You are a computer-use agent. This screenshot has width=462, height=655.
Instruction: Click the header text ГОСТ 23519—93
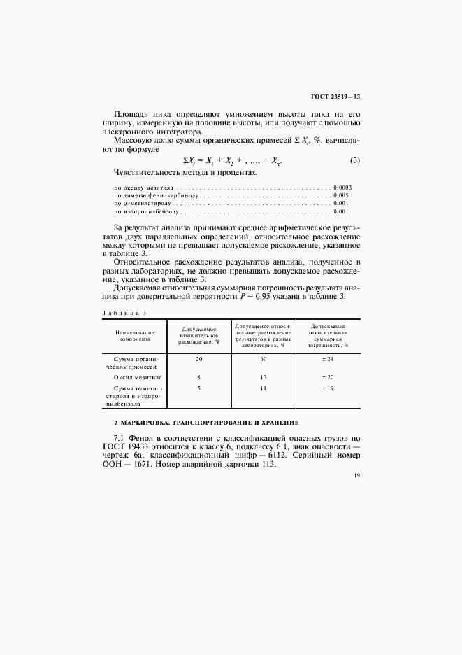[x=334, y=97]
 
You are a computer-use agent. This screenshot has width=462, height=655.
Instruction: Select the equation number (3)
[x=354, y=160]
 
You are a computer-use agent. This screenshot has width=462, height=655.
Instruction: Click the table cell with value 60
[x=264, y=359]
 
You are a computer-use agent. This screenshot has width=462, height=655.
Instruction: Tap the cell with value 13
[x=264, y=377]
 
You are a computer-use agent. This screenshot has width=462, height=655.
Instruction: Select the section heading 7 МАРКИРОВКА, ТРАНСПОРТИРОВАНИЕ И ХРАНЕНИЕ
[x=206, y=423]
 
